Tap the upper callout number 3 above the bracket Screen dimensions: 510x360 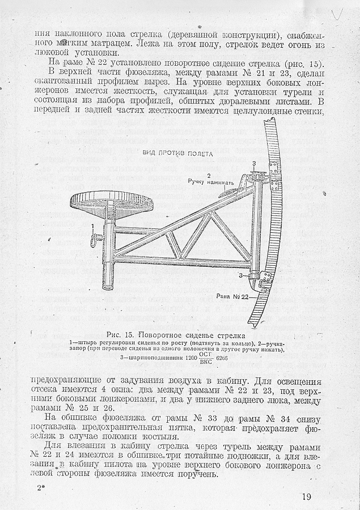click(x=255, y=163)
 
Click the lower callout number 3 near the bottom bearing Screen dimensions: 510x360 click(x=241, y=275)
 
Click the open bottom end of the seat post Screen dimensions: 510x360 click(x=108, y=287)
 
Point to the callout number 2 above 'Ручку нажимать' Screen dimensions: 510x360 click(x=209, y=175)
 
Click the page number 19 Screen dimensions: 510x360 click(x=306, y=497)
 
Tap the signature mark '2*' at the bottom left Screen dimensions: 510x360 click(x=41, y=487)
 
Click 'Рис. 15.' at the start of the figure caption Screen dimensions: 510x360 click(x=117, y=333)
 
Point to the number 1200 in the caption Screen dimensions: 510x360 click(x=180, y=358)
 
